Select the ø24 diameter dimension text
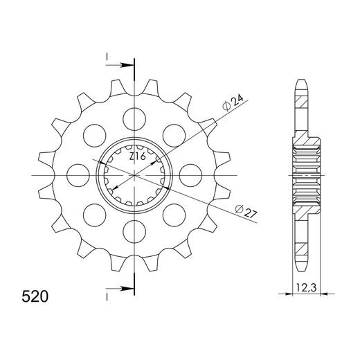point(233,102)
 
